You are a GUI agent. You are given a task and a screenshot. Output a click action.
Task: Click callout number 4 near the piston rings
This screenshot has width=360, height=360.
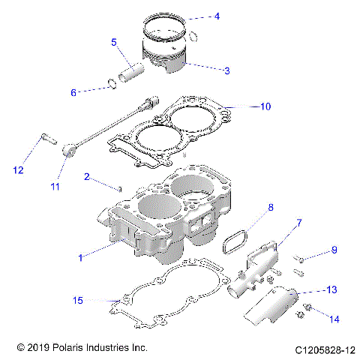[217, 16]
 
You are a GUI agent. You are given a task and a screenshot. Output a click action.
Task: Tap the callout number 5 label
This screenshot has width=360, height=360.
[114, 43]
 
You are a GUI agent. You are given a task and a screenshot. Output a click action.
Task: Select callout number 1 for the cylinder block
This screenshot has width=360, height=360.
[80, 257]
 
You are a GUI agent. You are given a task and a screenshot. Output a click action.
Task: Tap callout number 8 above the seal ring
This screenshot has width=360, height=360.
[250, 206]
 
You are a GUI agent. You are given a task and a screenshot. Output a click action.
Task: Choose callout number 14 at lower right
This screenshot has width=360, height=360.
[334, 319]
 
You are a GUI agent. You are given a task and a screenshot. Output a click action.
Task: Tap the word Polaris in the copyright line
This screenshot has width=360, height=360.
[66, 349]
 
